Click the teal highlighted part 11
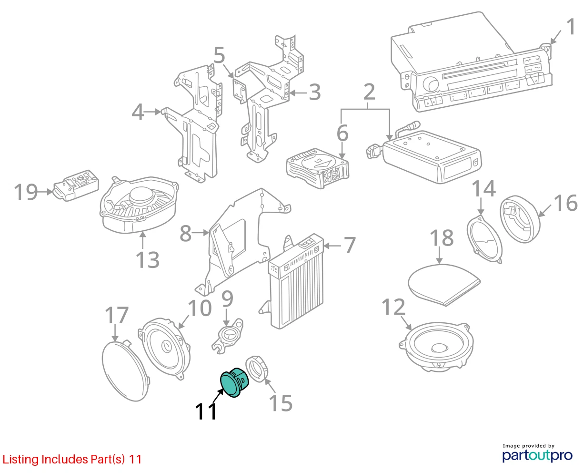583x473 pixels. click(234, 382)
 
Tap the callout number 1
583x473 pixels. click(571, 27)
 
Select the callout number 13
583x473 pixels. click(147, 259)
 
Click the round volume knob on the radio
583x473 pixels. click(431, 84)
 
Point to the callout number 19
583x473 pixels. click(26, 192)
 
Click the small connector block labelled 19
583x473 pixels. click(76, 185)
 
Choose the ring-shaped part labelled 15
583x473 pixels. click(257, 369)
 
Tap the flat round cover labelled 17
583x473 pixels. click(125, 371)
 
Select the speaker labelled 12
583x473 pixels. click(436, 347)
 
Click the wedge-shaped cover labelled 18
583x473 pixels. click(443, 284)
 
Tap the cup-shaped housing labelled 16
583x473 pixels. click(520, 219)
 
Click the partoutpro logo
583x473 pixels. click(537, 455)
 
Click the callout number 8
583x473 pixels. click(185, 234)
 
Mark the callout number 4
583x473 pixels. click(138, 112)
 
